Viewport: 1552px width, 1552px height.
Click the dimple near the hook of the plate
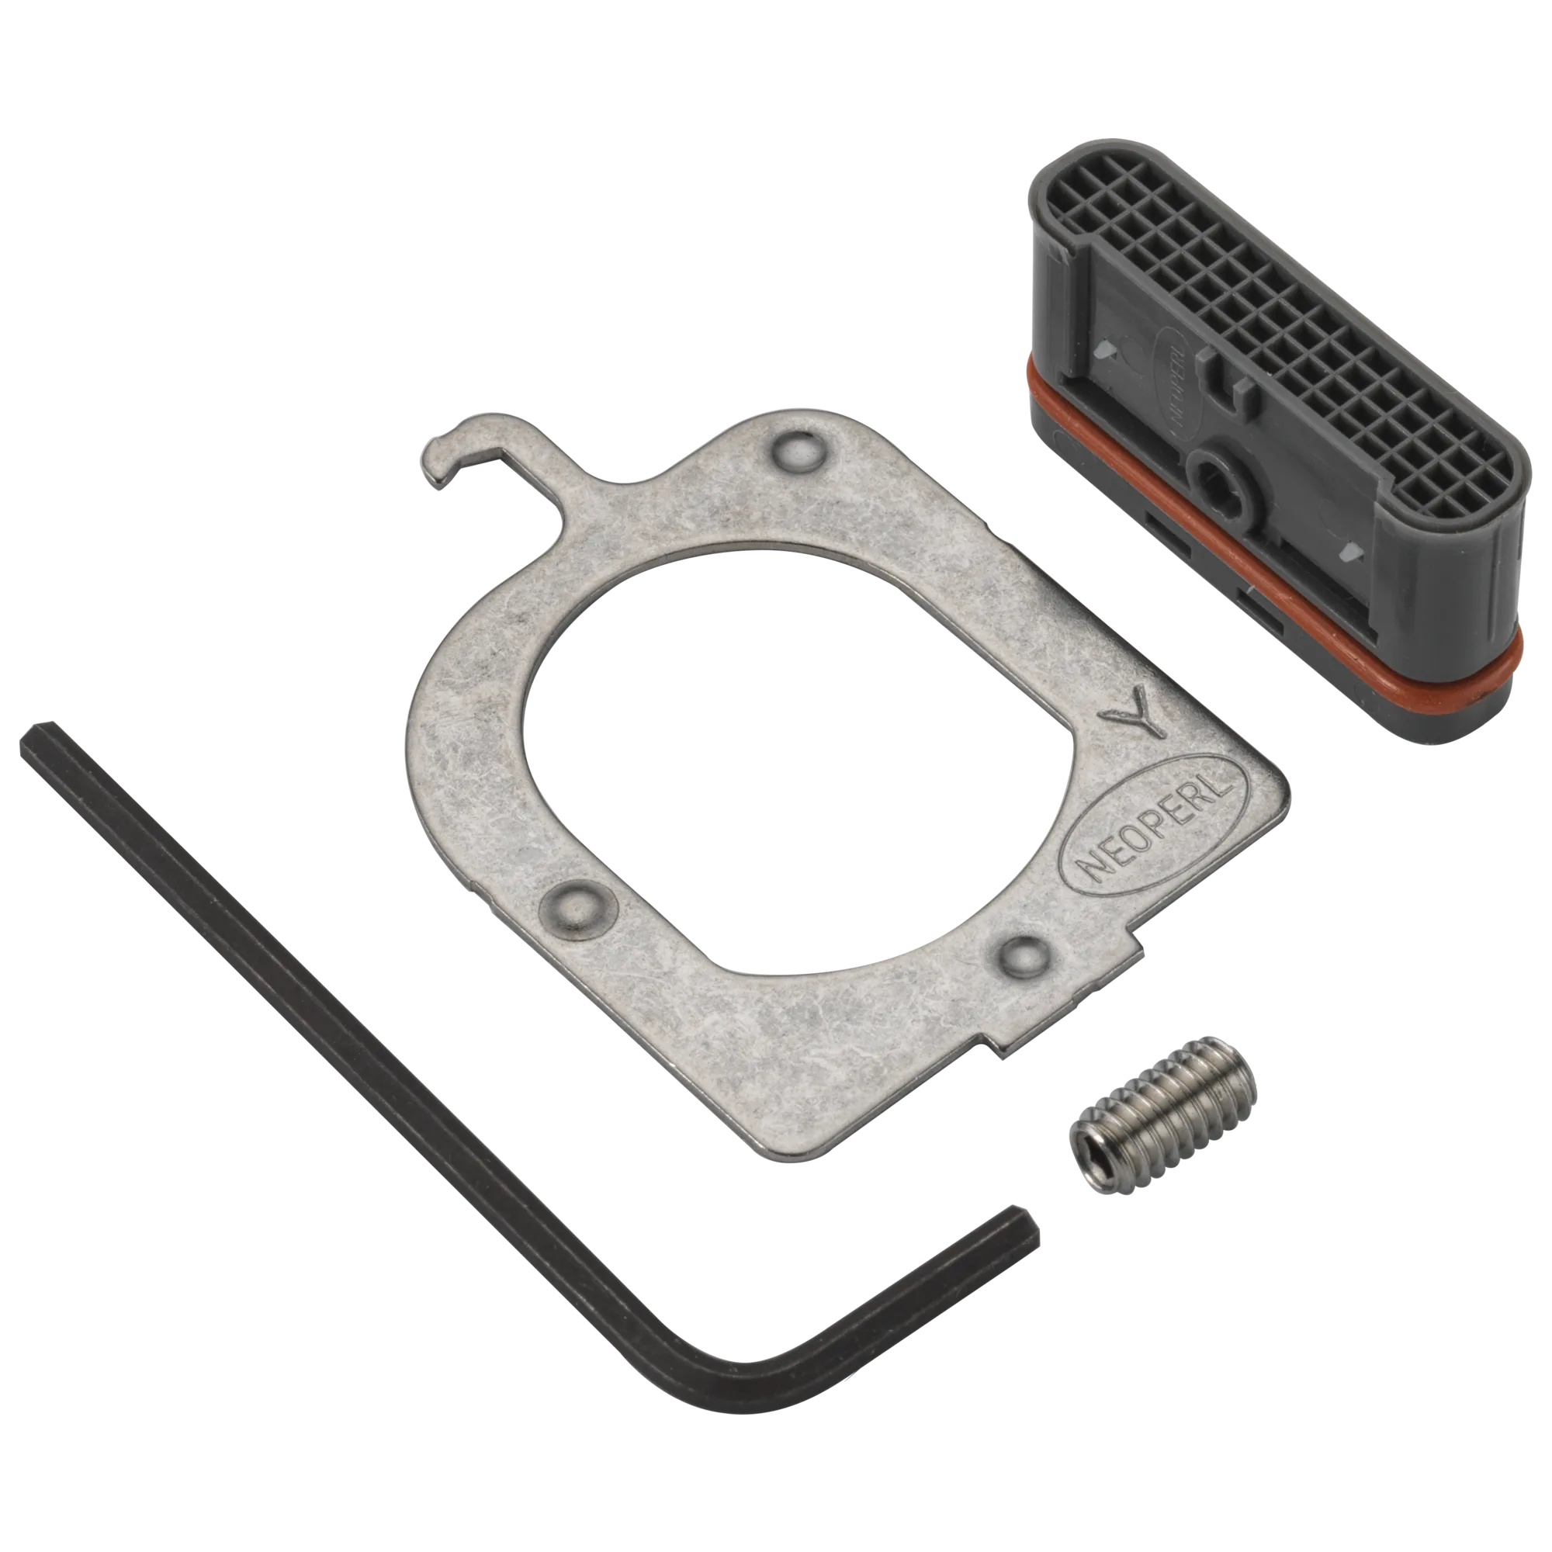796,453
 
